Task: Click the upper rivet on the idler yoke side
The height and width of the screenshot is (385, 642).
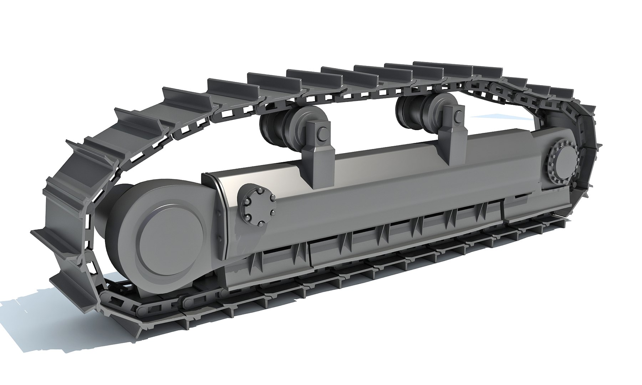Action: click(218, 214)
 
